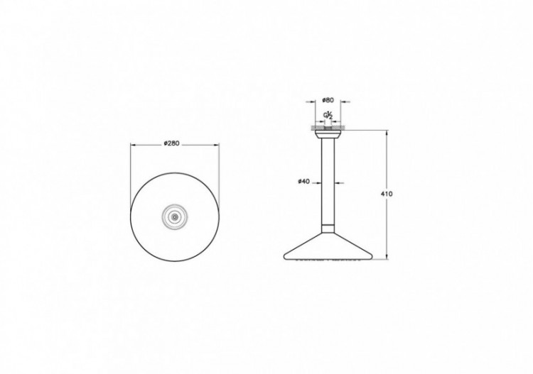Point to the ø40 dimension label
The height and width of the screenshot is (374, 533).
coord(303,182)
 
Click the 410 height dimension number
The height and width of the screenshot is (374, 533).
coord(387,194)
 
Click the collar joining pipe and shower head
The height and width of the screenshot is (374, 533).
coord(328,228)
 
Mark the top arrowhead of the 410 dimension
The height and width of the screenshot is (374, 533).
coord(387,131)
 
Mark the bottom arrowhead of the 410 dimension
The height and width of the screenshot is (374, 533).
coord(387,258)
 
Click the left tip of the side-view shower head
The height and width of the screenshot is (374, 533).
coord(284,257)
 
